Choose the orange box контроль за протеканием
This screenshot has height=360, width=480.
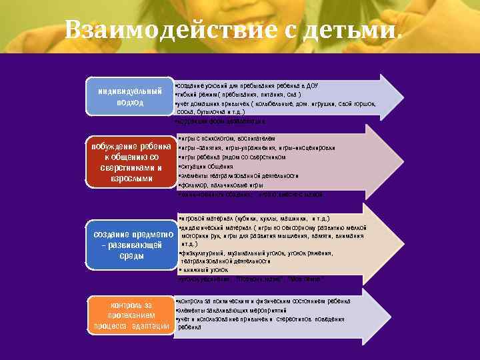(131, 315)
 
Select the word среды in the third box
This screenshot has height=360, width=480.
(129, 256)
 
